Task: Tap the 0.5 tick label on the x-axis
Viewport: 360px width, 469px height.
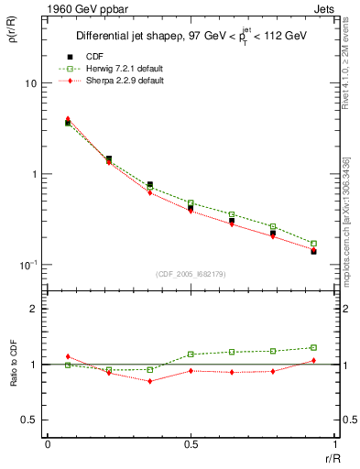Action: pyautogui.click(x=190, y=444)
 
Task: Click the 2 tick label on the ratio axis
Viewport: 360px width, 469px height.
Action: pyautogui.click(x=35, y=309)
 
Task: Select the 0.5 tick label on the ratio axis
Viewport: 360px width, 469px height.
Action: pyautogui.click(x=30, y=420)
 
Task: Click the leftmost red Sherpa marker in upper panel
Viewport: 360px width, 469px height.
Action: pyautogui.click(x=68, y=119)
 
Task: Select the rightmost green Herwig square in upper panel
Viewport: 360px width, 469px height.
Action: pyautogui.click(x=313, y=244)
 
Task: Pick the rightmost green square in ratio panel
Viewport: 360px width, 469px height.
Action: pyautogui.click(x=313, y=347)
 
